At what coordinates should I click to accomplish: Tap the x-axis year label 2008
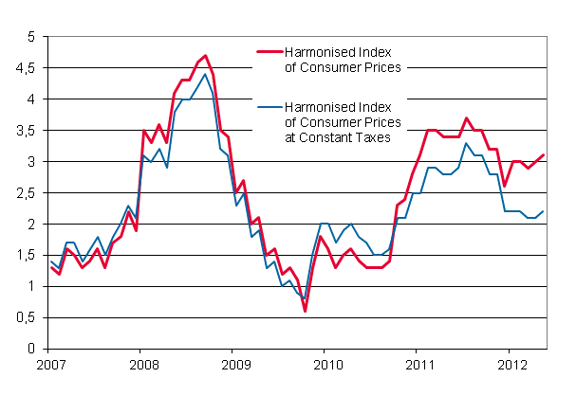coord(141,363)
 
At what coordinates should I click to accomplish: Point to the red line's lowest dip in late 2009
coord(305,311)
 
